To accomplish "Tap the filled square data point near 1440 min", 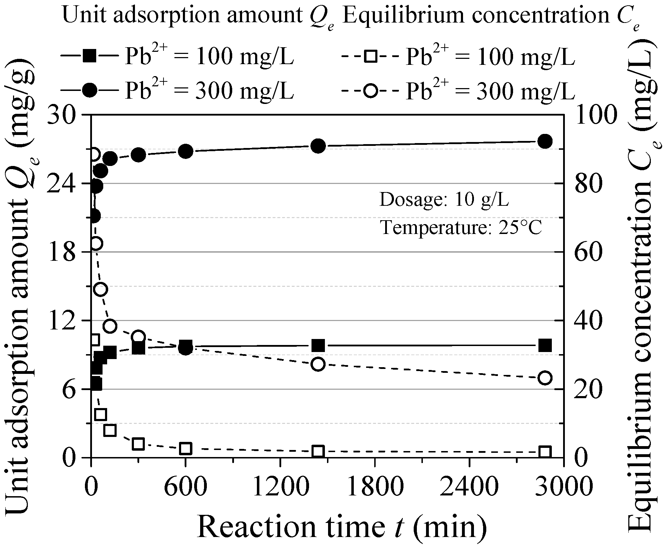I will (x=318, y=346).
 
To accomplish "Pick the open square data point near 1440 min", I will (x=318, y=451).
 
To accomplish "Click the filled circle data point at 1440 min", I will (x=318, y=146).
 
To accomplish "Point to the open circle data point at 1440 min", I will (x=318, y=364).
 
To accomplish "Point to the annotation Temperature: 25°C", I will (x=461, y=228).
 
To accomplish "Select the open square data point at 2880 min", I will (x=545, y=452).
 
